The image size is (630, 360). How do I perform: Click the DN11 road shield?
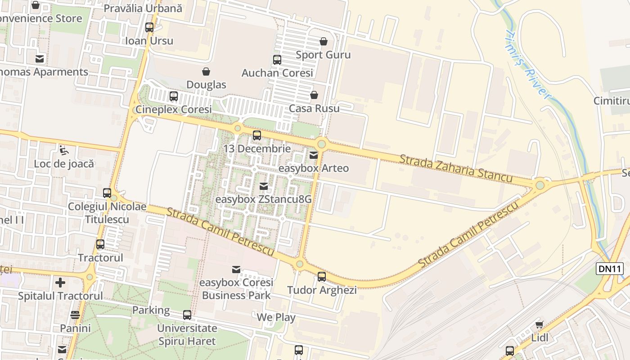click(x=610, y=269)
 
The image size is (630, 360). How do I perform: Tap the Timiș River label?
click(x=528, y=66)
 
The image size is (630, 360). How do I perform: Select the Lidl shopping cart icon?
click(x=539, y=325)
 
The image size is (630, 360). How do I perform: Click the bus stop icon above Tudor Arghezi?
click(x=322, y=277)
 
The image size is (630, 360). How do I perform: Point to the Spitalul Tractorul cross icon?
click(x=60, y=283)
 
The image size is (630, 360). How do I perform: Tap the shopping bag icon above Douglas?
click(x=206, y=72)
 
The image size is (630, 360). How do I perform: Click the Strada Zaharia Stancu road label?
click(x=456, y=169)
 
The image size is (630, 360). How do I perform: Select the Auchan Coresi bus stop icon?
click(x=277, y=60)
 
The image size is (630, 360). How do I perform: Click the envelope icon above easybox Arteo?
click(x=314, y=155)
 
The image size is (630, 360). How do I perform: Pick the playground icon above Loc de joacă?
click(x=64, y=150)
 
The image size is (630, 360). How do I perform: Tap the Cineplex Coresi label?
click(x=174, y=109)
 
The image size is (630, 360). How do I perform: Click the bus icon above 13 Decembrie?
click(x=257, y=135)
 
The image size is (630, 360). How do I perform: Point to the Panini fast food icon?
click(x=75, y=315)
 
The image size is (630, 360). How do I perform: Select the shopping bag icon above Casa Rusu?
click(x=314, y=95)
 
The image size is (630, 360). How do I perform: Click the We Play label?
click(x=276, y=317)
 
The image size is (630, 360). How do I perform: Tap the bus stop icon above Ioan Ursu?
click(x=149, y=27)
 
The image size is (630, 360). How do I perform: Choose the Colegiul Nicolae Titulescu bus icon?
click(x=107, y=193)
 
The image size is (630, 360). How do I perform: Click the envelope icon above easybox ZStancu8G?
click(x=264, y=186)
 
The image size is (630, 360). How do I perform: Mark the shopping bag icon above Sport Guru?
click(x=323, y=42)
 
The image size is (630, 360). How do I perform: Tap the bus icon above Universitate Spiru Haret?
click(x=187, y=315)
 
